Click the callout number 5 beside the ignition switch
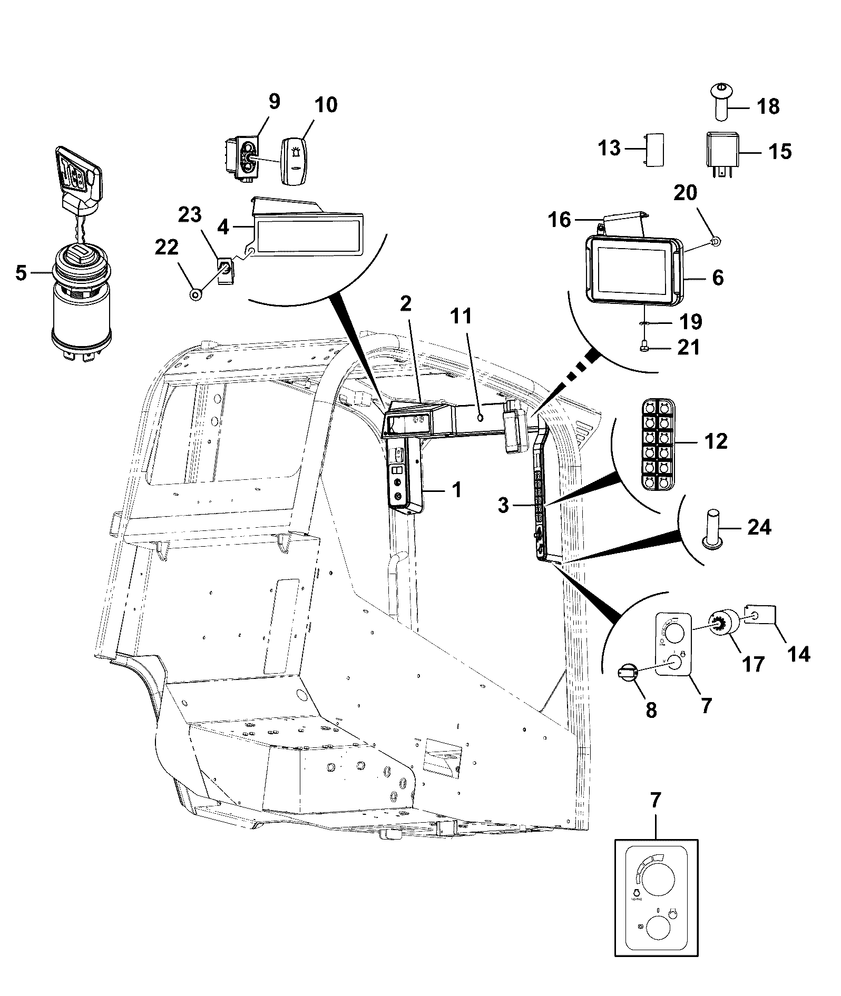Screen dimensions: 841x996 point(21,273)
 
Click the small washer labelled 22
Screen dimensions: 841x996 point(195,294)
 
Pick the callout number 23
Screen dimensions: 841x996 point(189,215)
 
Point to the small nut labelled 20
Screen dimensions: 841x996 point(716,241)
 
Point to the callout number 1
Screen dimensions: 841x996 point(456,489)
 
